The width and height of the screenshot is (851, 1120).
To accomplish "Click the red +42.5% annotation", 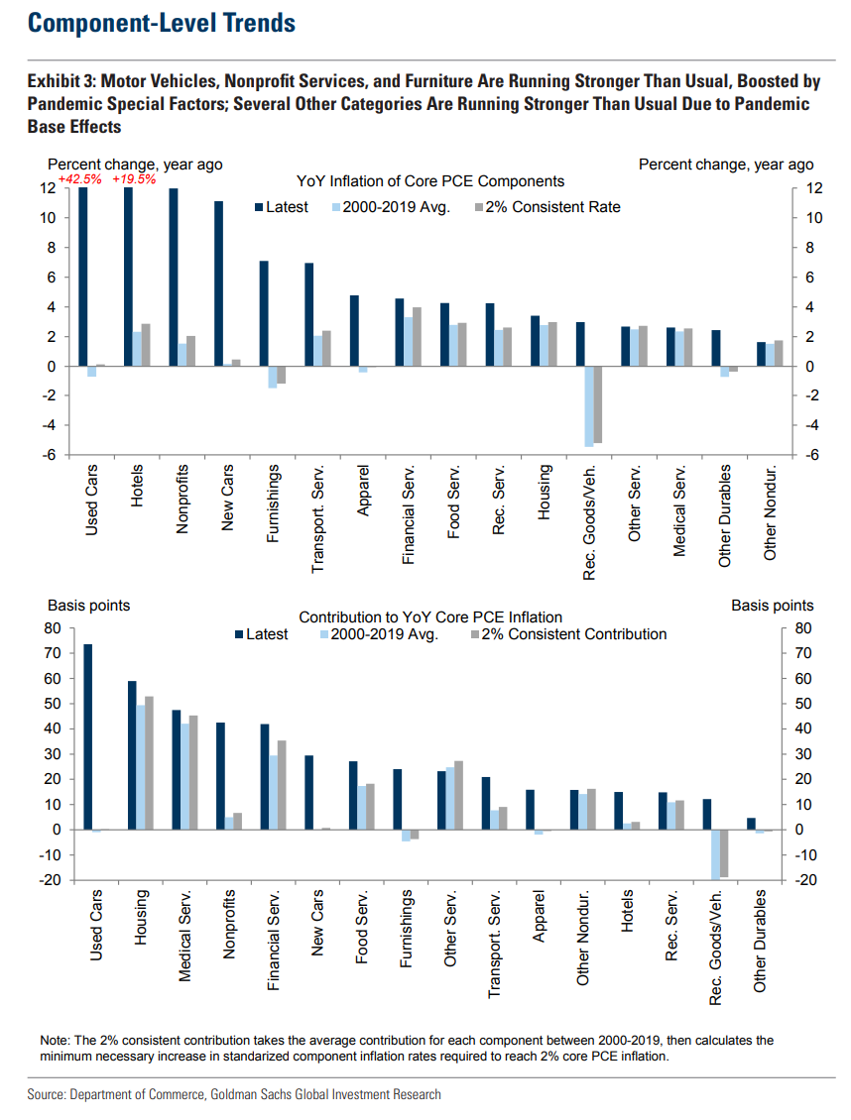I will pos(79,179).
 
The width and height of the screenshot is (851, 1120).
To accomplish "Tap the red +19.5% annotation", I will pos(134,179).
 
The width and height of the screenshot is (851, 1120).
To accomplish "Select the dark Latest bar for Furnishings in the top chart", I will pos(264,313).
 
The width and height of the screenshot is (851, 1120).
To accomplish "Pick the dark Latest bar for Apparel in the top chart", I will pos(354,331).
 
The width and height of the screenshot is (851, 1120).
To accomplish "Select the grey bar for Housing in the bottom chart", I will pos(149,763).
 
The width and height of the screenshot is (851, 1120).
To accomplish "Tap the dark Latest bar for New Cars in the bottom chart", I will pos(308,792).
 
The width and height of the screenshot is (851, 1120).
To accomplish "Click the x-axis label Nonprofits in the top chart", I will pos(182,499).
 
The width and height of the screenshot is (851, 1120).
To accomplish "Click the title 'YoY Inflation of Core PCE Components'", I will pos(430,181).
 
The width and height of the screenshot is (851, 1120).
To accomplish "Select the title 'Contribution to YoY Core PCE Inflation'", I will pos(430,616).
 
